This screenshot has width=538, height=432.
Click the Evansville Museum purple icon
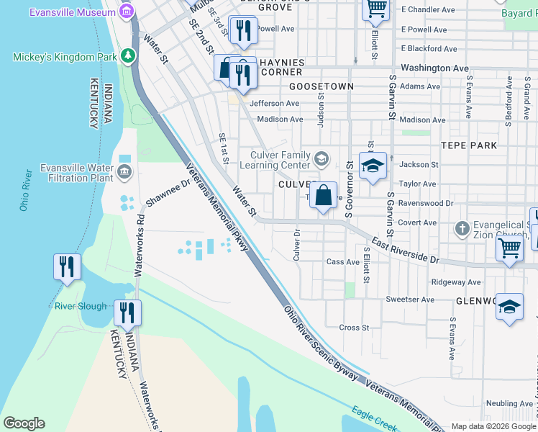[127, 12]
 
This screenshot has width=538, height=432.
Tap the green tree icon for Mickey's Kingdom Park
[128, 55]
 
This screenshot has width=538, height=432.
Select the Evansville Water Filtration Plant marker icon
[124, 171]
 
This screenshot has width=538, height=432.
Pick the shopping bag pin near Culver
[324, 195]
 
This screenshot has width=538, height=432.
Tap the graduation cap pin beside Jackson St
[373, 166]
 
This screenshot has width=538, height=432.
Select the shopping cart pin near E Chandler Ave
[375, 9]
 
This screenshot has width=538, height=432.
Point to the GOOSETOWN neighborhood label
[322, 86]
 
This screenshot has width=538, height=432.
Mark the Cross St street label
[354, 328]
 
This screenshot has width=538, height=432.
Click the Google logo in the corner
[24, 423]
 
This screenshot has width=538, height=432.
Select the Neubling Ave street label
[508, 405]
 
